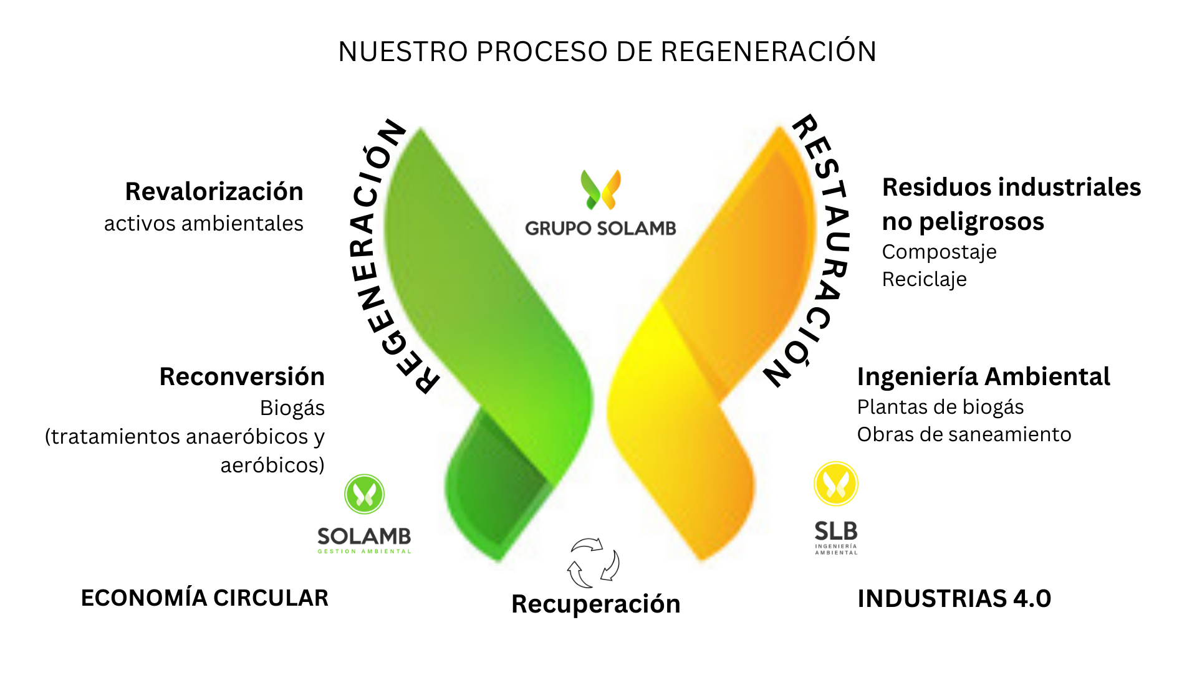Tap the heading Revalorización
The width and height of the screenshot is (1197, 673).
point(214,191)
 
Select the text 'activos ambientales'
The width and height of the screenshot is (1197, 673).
point(203,223)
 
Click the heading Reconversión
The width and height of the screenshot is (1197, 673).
point(242,376)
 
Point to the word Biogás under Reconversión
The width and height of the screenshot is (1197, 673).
point(292,408)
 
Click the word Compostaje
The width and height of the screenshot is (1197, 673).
point(939,252)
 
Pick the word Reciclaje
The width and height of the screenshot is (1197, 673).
point(924,279)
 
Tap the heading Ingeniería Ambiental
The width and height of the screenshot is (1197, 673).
point(983,376)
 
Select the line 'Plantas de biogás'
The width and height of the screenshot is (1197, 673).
point(940,407)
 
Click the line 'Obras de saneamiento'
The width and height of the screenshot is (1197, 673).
point(964,434)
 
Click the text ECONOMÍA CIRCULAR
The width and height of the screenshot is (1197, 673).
point(204,598)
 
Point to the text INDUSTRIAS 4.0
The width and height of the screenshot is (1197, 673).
point(954,598)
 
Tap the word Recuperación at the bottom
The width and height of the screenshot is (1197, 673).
point(595,604)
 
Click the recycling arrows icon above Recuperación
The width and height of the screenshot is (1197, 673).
point(594,563)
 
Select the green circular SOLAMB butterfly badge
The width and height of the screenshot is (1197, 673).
point(364,494)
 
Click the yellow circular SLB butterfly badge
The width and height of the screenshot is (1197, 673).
point(836,484)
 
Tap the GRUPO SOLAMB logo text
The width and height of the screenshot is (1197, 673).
point(600,228)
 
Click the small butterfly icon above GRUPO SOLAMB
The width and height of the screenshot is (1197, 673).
point(600,189)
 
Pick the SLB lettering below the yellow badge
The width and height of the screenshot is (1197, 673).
point(836,532)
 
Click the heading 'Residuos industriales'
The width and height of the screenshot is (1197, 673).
point(1011,187)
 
